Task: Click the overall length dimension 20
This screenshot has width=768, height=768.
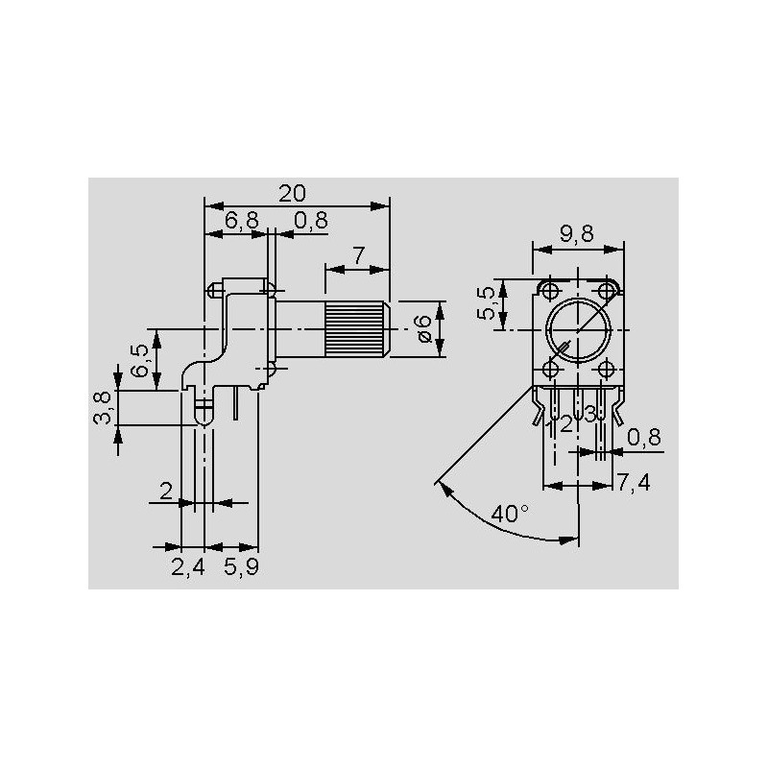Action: pyautogui.click(x=292, y=194)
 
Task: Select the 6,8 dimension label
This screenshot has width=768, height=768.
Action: pyautogui.click(x=242, y=221)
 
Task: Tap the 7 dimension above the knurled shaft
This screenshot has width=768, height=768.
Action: pyautogui.click(x=359, y=255)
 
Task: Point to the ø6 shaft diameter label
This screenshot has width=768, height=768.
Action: pyautogui.click(x=423, y=328)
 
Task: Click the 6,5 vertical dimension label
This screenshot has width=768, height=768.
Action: pyautogui.click(x=140, y=360)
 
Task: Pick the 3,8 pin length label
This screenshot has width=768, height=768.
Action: pyautogui.click(x=103, y=407)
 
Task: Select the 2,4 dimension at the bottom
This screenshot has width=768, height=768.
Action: pyautogui.click(x=187, y=567)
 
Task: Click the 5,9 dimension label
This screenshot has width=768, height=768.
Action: pyautogui.click(x=241, y=567)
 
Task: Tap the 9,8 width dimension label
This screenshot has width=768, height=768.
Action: pyautogui.click(x=577, y=234)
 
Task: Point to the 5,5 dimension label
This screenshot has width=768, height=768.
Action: pyautogui.click(x=487, y=303)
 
